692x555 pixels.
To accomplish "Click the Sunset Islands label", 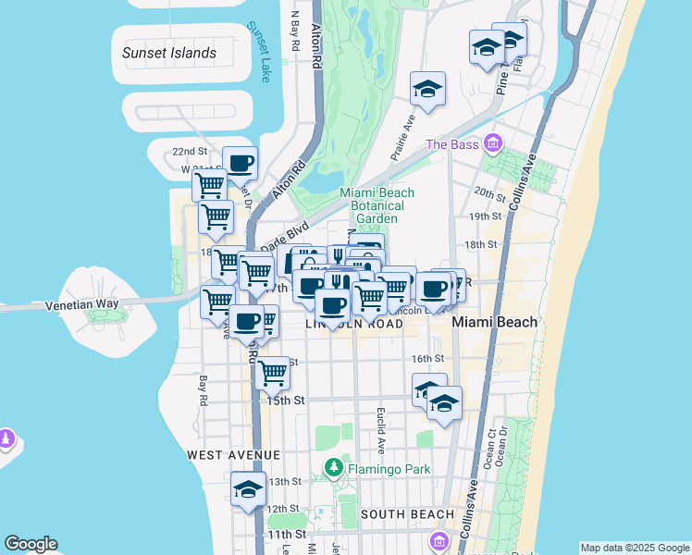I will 169,53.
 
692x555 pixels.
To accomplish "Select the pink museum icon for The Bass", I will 492,143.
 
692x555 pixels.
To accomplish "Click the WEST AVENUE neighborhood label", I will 233,455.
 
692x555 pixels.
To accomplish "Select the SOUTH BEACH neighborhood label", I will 407,514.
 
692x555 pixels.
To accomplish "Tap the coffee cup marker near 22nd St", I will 241,163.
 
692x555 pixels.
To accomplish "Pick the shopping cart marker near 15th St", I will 272,372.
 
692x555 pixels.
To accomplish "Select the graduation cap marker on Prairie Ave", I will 427,88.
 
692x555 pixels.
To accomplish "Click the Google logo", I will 31,544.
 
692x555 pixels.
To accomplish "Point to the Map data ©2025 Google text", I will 635,548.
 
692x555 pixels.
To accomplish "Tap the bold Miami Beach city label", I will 495,322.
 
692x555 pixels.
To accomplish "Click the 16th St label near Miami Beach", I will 427,358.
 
